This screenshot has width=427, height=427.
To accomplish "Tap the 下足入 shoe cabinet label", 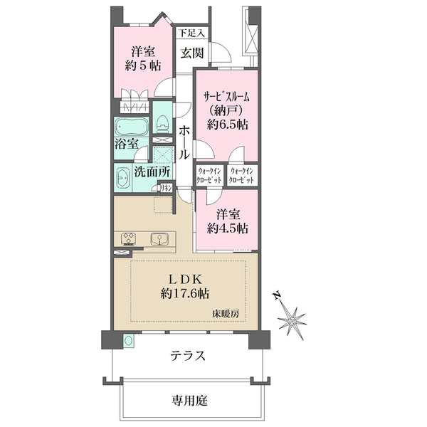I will tap(191, 32).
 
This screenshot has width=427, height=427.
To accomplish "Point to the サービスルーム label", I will tap(227, 97).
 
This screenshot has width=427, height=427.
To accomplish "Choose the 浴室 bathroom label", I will tap(127, 143).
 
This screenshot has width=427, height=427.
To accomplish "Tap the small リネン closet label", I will tap(165, 187).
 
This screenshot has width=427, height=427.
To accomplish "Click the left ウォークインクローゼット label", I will tap(210, 175).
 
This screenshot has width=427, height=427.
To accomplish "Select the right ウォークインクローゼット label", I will tap(243, 175).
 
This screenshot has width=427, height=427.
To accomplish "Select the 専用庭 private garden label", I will tap(189, 400).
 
